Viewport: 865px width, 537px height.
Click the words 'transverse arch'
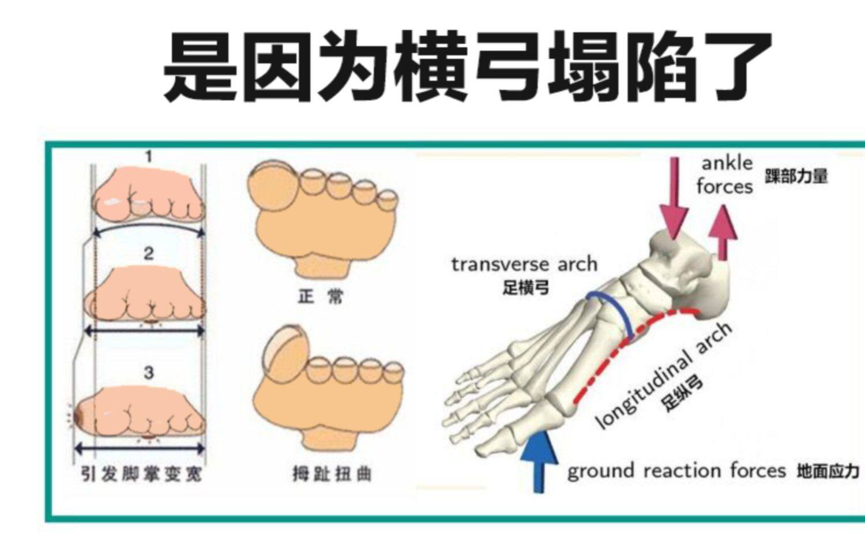pyautogui.click(x=524, y=264)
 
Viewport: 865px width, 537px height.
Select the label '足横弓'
pyautogui.click(x=525, y=287)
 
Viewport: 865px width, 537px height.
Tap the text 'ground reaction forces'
pyautogui.click(x=676, y=471)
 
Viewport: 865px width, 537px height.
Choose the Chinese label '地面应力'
pyautogui.click(x=828, y=471)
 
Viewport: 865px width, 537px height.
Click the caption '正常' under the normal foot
pyautogui.click(x=321, y=297)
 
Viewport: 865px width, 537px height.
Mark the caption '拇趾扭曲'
pyautogui.click(x=332, y=474)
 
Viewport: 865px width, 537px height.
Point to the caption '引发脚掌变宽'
pyautogui.click(x=141, y=474)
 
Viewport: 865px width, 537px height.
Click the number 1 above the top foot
pyautogui.click(x=149, y=156)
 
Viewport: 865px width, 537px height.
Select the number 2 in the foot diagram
pyautogui.click(x=149, y=253)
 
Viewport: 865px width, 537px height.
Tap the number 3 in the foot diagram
pyautogui.click(x=149, y=373)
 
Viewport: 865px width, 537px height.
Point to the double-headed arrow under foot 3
pyautogui.click(x=140, y=448)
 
